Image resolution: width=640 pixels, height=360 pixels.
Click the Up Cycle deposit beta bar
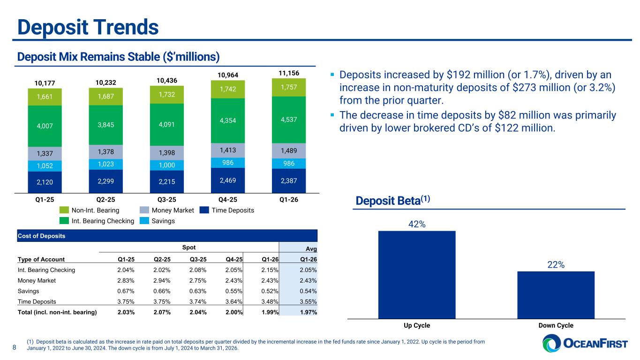[x=417, y=274]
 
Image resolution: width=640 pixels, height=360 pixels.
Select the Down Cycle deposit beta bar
[x=556, y=294]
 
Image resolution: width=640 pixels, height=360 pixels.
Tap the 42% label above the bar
[x=417, y=225]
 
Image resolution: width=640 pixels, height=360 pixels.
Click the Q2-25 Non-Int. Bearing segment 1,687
[x=106, y=96]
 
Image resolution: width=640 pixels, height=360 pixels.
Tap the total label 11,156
[x=288, y=72]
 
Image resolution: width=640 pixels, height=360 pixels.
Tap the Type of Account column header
[x=41, y=259]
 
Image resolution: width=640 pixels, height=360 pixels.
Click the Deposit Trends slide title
[x=88, y=27]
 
